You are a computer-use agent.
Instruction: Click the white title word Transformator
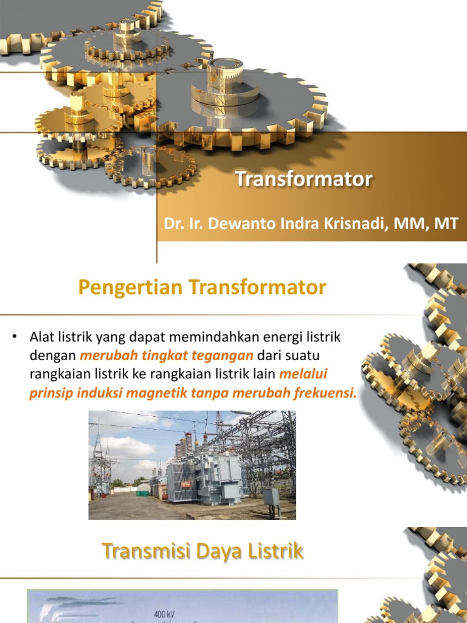[x=303, y=179]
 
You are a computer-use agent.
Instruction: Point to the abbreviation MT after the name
[x=446, y=223]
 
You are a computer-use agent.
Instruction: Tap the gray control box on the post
[x=271, y=496]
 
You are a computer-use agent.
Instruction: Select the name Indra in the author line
[x=291, y=223]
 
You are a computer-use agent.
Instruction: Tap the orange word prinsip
[x=52, y=392]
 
